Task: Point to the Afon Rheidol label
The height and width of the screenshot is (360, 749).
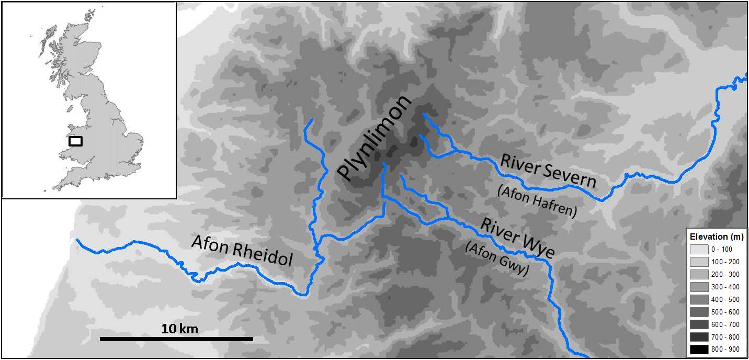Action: (241, 251)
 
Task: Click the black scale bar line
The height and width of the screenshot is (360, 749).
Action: (176, 339)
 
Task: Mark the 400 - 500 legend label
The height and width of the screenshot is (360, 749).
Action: (724, 299)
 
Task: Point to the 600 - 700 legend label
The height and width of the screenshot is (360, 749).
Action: (724, 324)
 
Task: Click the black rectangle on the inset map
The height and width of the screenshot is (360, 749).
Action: (76, 141)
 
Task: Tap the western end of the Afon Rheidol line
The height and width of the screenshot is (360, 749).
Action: (77, 240)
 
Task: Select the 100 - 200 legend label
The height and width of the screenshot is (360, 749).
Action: (724, 262)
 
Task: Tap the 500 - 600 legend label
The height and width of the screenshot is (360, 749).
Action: (724, 312)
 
